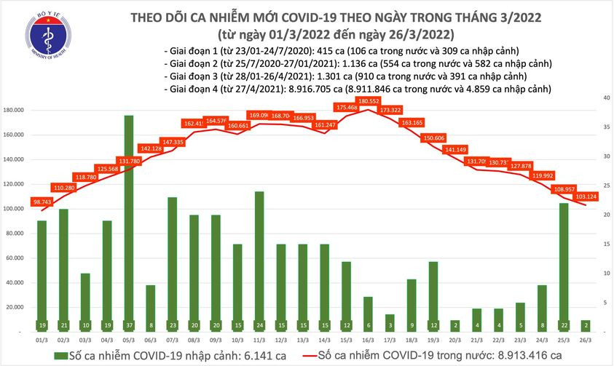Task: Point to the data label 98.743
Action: [x=42, y=200]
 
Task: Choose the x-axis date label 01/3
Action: [x=42, y=338]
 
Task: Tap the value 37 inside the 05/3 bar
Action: [x=128, y=325]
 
